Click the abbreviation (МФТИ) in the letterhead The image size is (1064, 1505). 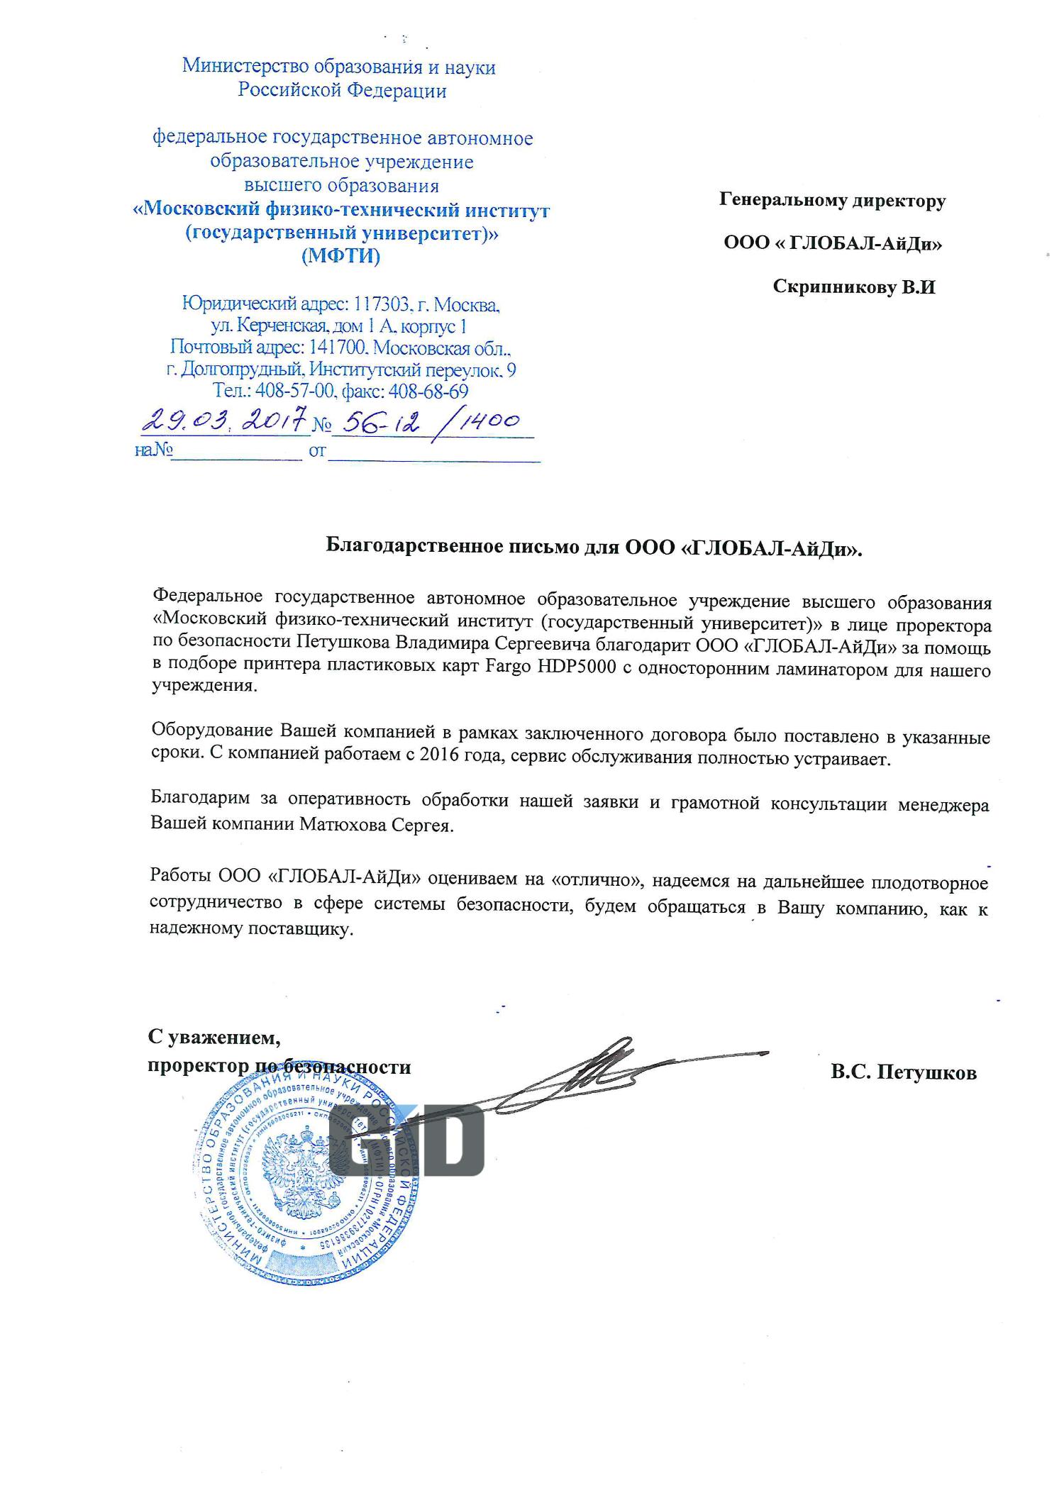click(340, 256)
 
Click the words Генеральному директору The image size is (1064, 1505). click(832, 201)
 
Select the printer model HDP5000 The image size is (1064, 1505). click(581, 670)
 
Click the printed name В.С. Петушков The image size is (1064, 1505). click(903, 1072)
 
